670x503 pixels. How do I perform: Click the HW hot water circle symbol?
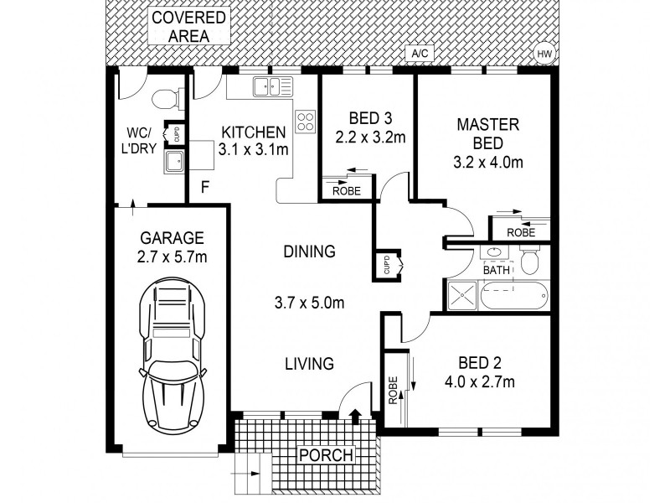click(x=544, y=54)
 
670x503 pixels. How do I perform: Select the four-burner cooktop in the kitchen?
click(x=305, y=122)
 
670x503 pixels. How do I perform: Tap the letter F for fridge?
click(x=205, y=188)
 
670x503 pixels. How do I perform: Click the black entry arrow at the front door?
click(x=354, y=413)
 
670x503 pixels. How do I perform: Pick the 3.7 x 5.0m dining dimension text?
click(x=309, y=303)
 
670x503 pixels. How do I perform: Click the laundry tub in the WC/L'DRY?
click(x=174, y=161)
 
